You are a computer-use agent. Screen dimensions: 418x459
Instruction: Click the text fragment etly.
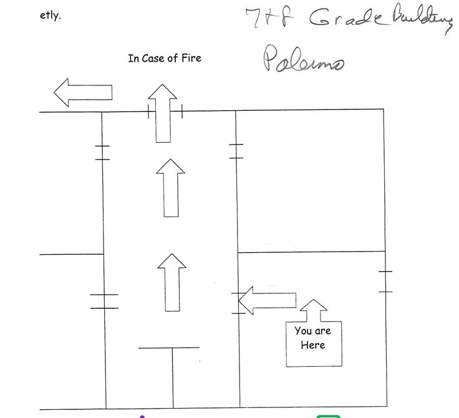[x=50, y=16]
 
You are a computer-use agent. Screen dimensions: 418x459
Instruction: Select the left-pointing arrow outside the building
[x=82, y=93]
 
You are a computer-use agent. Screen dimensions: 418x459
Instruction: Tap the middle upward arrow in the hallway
[x=170, y=188]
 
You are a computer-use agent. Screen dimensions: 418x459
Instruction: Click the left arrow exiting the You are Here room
[x=267, y=300]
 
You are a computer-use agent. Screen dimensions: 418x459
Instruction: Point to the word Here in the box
[x=312, y=344]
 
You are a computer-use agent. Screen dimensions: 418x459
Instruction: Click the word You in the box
[x=303, y=331]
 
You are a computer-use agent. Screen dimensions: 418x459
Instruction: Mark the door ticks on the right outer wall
[x=385, y=282]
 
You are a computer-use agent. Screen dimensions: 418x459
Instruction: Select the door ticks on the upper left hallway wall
[x=102, y=153]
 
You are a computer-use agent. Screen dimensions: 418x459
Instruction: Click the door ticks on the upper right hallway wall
[x=236, y=151]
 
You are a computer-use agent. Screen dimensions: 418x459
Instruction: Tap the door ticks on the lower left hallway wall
[x=104, y=301]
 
